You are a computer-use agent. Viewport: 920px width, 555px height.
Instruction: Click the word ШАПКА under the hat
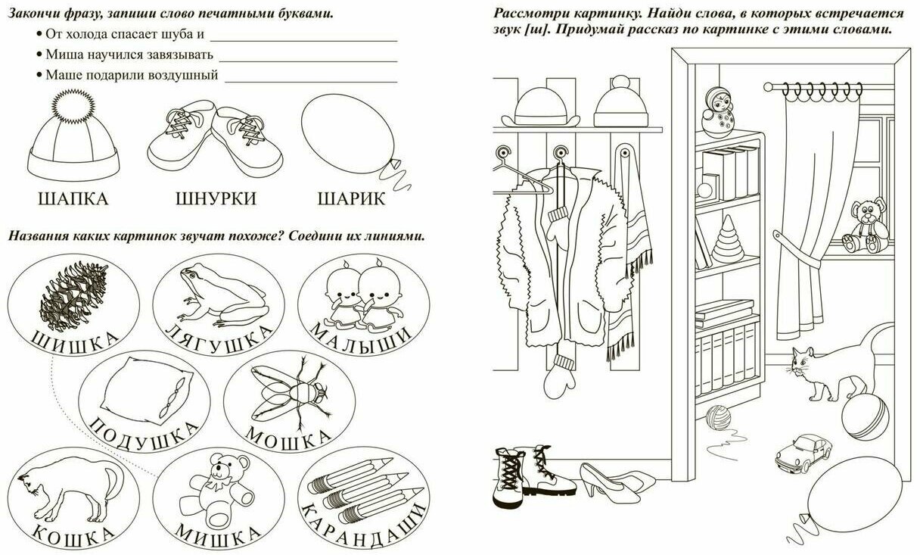tap(72, 199)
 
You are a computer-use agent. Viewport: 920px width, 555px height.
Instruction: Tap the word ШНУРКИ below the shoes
tap(216, 199)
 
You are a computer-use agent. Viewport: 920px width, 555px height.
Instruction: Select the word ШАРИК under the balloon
tap(351, 199)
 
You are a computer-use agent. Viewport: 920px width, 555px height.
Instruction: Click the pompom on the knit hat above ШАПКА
tap(74, 100)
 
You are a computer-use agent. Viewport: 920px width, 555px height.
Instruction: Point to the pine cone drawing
tap(73, 294)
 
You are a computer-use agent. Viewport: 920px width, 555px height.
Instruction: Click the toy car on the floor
tap(803, 451)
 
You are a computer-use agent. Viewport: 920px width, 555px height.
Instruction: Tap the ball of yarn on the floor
tap(718, 417)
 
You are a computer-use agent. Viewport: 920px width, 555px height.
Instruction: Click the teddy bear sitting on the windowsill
tap(864, 226)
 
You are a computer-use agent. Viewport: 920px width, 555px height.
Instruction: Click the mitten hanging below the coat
tap(562, 375)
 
